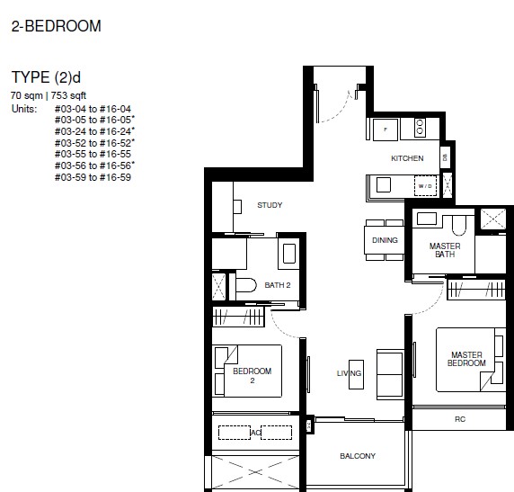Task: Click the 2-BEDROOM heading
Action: click(56, 26)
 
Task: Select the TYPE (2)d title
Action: click(46, 77)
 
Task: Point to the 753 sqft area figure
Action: click(68, 95)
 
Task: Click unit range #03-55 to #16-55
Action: click(93, 154)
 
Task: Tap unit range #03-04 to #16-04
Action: click(93, 109)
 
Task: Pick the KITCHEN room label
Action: click(407, 158)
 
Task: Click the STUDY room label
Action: click(270, 205)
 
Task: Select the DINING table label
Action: click(385, 240)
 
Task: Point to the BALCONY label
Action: click(358, 456)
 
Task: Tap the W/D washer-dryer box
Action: click(425, 186)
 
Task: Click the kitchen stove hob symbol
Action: click(420, 127)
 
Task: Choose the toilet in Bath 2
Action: click(246, 285)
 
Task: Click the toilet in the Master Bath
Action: click(459, 225)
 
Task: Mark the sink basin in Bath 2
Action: click(288, 254)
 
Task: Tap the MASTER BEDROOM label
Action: click(466, 359)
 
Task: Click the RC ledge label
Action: click(460, 419)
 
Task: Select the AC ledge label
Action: click(255, 433)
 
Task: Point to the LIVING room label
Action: click(350, 373)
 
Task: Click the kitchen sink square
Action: click(384, 184)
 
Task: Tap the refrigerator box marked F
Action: click(385, 130)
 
